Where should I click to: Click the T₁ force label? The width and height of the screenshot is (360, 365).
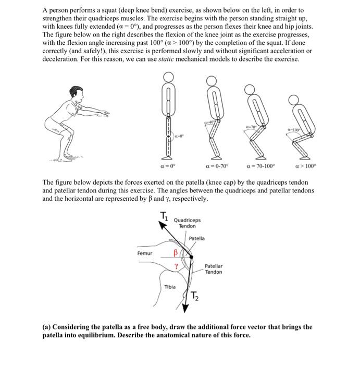[164, 217]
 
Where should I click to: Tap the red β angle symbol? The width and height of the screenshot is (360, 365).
[176, 253]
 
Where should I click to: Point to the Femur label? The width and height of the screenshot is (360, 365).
[145, 253]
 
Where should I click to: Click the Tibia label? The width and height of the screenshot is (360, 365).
[170, 287]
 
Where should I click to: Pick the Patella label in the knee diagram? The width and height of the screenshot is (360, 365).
[197, 238]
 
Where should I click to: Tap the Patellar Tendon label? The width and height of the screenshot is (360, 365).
[214, 269]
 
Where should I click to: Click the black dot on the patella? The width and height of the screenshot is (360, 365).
[191, 257]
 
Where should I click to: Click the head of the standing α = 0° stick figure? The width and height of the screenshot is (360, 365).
[167, 77]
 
